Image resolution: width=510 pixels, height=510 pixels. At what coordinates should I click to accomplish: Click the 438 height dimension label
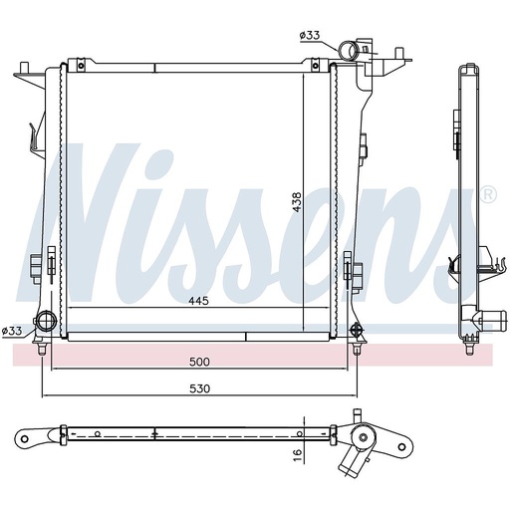click(x=296, y=202)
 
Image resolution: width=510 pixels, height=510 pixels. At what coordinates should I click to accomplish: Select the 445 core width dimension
click(x=198, y=301)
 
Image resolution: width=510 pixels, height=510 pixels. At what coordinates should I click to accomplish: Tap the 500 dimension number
click(x=199, y=362)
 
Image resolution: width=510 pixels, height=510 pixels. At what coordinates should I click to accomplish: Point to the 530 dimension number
click(x=200, y=388)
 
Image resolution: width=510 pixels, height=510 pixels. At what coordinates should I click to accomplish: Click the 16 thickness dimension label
click(x=298, y=454)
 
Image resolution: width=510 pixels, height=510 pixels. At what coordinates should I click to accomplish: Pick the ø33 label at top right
click(x=310, y=35)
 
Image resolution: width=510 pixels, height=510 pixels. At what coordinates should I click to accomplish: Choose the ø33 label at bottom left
click(x=12, y=331)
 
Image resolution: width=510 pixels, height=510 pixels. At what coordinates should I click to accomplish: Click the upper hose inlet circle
click(x=348, y=51)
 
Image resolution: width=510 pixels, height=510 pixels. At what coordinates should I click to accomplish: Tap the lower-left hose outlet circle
click(x=46, y=322)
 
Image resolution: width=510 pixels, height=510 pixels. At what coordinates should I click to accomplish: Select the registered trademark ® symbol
click(x=488, y=195)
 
